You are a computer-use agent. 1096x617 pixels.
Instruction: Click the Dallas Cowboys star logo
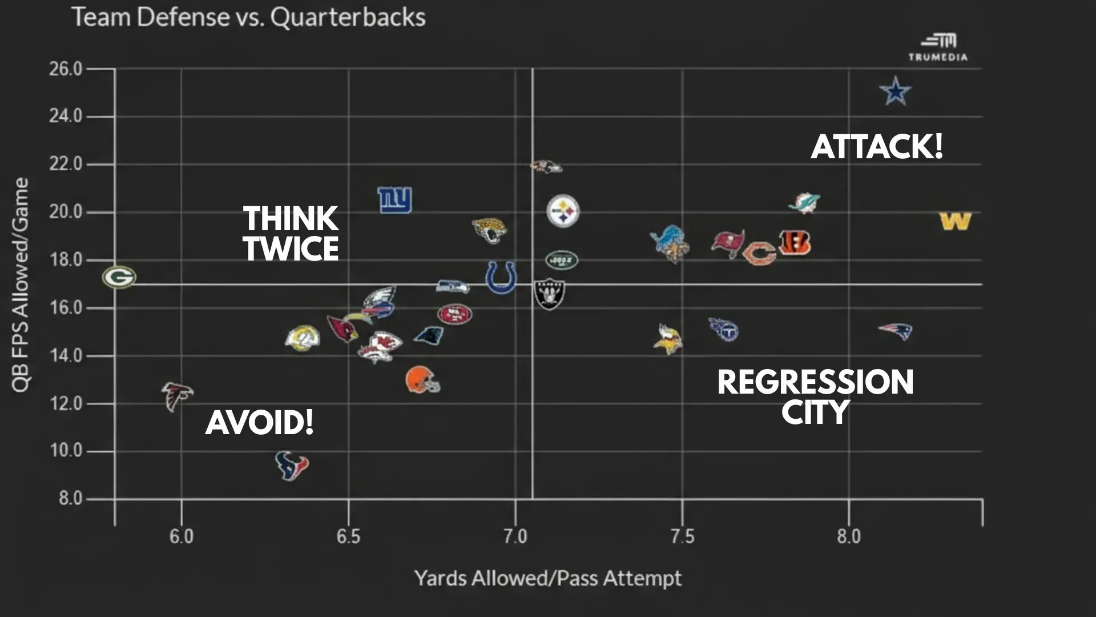click(x=895, y=91)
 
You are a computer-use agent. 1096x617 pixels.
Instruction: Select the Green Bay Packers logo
click(x=119, y=278)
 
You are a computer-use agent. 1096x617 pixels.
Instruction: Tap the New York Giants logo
click(x=394, y=200)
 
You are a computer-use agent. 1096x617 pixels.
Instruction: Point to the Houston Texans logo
click(x=292, y=466)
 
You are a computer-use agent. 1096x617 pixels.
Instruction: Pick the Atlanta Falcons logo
click(x=176, y=395)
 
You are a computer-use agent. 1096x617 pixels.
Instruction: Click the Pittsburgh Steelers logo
click(x=563, y=211)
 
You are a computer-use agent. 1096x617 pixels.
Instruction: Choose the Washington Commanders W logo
click(x=955, y=222)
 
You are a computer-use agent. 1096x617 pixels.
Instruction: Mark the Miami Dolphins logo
click(x=804, y=203)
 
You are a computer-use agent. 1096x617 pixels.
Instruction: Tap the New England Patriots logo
click(x=896, y=331)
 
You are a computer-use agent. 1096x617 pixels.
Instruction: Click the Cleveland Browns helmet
click(x=422, y=380)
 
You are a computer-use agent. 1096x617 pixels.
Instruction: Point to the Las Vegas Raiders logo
click(x=549, y=294)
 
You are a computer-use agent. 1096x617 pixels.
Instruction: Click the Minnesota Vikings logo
click(x=667, y=339)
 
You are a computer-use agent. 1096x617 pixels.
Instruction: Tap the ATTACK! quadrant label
click(x=877, y=147)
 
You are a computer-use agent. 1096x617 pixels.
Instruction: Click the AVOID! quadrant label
click(x=260, y=423)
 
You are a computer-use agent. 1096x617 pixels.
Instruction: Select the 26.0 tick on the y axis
click(x=66, y=69)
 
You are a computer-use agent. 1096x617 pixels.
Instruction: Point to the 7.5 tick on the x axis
click(x=682, y=536)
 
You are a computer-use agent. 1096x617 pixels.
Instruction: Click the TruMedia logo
click(x=938, y=47)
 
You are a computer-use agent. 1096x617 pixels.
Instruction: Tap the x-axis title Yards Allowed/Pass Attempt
click(x=547, y=578)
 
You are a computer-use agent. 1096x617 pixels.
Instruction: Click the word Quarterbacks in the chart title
click(x=348, y=17)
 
